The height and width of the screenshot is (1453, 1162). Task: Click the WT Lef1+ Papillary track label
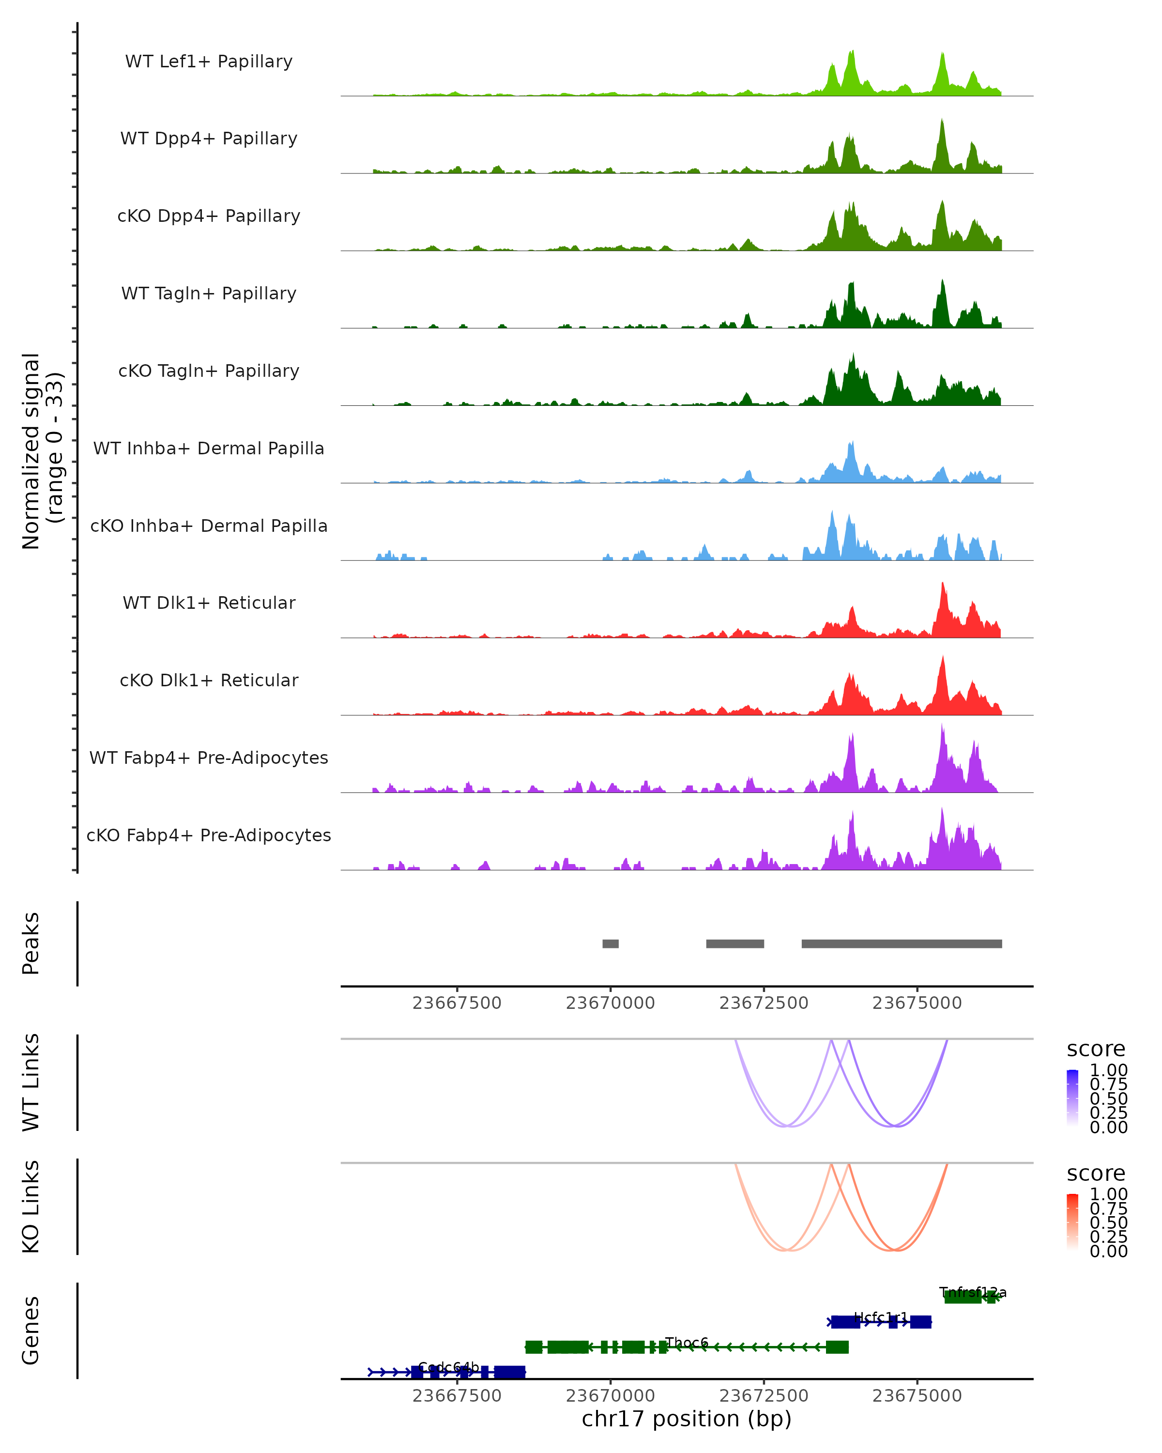coord(209,62)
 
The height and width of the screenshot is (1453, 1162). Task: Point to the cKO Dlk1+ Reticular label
coord(209,680)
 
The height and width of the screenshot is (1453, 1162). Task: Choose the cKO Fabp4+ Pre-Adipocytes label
coord(209,835)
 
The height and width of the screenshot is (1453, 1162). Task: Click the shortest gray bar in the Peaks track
coord(611,943)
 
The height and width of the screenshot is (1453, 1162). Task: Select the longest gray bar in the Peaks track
coord(902,943)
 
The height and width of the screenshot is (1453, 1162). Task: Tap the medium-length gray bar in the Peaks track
coord(735,943)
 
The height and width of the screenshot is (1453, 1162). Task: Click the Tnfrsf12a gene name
coord(973,1293)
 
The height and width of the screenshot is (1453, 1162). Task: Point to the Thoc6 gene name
coord(687,1343)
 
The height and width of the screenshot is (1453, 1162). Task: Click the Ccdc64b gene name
coord(449,1367)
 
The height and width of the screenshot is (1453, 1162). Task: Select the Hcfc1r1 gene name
coord(880,1317)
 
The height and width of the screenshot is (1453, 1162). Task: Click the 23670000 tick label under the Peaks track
coord(611,1003)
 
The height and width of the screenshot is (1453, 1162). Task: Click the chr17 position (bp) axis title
coord(687,1419)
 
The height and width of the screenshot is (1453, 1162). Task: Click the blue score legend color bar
coord(1072,1098)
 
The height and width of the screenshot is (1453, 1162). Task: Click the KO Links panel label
coord(31,1206)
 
